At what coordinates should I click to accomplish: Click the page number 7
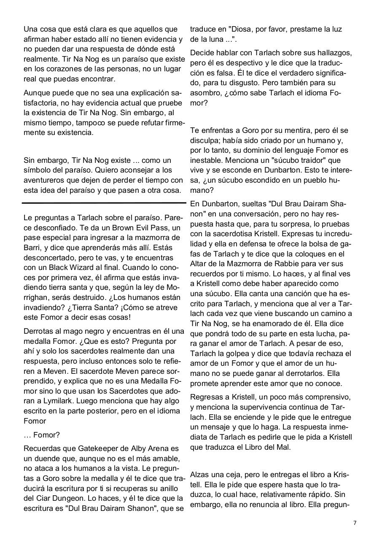[355, 523]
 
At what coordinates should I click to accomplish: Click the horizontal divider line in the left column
[104, 203]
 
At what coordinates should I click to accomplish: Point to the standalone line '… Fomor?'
[42, 435]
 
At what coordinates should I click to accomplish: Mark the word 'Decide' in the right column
[202, 53]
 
